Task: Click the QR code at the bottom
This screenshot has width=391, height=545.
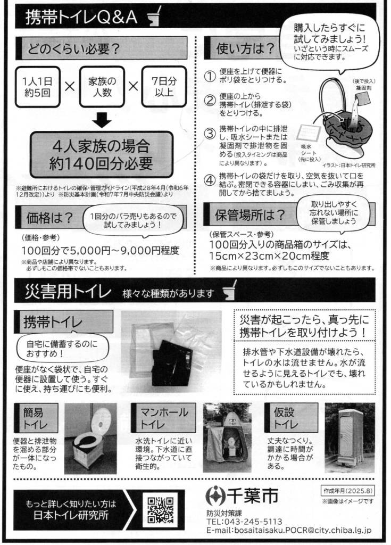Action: click(160, 510)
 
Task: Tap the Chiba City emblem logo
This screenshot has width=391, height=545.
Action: click(215, 496)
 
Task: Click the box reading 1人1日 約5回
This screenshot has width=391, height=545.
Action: click(38, 87)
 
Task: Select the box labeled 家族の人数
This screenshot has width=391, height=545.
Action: click(102, 87)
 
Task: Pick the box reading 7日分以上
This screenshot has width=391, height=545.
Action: click(164, 87)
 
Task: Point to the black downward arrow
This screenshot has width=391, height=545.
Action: click(102, 120)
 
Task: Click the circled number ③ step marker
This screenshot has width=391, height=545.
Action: click(210, 134)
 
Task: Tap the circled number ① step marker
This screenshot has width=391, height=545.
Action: click(210, 76)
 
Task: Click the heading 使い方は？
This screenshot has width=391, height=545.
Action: click(245, 48)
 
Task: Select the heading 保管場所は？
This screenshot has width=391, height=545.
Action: click(249, 216)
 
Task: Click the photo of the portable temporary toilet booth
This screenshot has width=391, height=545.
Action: click(350, 438)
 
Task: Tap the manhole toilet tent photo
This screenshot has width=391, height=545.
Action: click(227, 438)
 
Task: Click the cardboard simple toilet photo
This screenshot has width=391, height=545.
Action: click(91, 439)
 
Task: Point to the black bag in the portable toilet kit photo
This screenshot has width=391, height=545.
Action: click(173, 362)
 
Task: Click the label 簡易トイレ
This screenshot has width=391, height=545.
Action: click(36, 418)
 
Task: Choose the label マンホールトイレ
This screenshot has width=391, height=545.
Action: click(163, 418)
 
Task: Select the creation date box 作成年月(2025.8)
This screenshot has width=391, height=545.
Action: click(347, 491)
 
